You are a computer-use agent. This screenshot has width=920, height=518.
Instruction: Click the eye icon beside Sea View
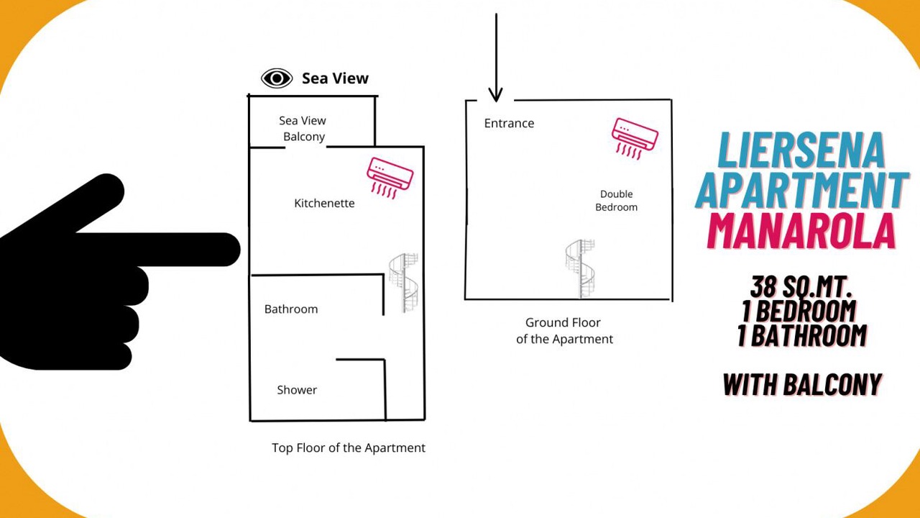click(277, 78)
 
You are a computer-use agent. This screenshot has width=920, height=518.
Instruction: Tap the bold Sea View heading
click(335, 78)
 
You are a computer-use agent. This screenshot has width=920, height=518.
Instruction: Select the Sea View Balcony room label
click(303, 128)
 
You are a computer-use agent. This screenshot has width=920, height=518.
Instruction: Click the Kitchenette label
click(324, 203)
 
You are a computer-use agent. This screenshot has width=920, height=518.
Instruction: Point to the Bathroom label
click(291, 309)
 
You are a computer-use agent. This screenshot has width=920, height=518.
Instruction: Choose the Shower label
click(297, 390)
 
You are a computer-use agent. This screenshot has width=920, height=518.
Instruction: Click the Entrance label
click(509, 123)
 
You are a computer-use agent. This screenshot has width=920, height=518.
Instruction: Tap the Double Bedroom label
click(616, 201)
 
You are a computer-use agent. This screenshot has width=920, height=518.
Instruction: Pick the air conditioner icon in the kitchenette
click(390, 178)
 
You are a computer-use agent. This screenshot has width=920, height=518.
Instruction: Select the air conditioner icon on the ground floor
click(635, 139)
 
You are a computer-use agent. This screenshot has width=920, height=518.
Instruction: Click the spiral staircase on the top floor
click(404, 283)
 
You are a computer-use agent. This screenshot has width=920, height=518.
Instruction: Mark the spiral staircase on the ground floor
click(580, 268)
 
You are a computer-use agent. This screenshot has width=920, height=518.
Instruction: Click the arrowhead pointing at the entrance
click(496, 96)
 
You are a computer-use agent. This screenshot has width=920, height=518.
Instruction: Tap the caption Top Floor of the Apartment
click(349, 447)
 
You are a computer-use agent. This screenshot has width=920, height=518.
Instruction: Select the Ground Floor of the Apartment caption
click(564, 331)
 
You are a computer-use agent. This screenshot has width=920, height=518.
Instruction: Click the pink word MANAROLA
click(801, 231)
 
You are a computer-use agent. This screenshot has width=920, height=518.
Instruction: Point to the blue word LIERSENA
click(801, 150)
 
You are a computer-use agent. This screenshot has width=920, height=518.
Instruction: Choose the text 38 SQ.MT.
click(801, 286)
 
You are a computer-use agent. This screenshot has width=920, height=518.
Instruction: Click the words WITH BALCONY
click(802, 384)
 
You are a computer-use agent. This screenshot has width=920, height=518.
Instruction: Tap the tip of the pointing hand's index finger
click(240, 250)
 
